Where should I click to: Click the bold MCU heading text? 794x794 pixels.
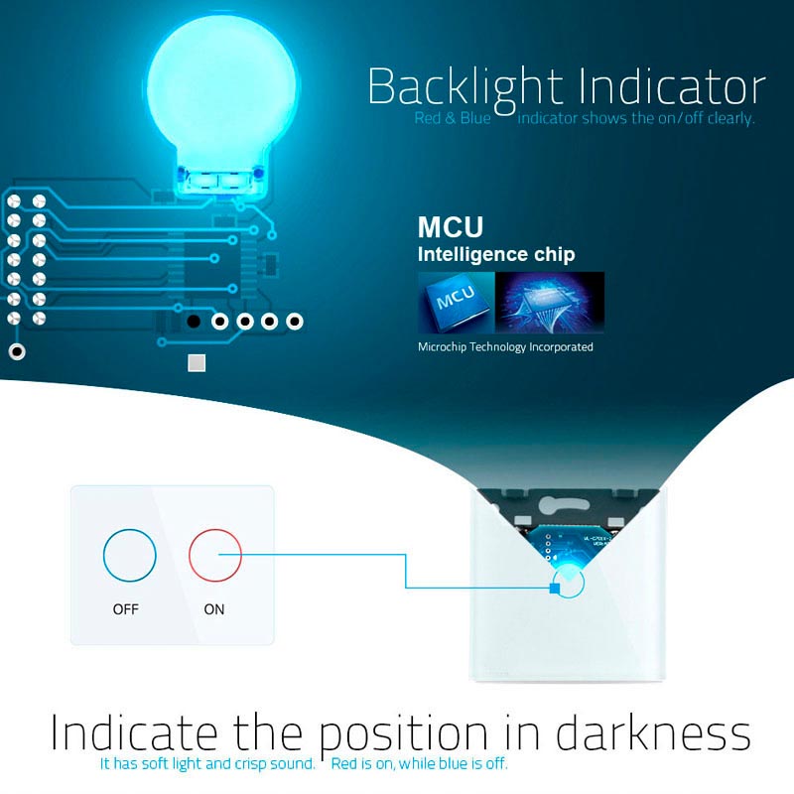coord(450,226)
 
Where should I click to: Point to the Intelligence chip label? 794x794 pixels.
coord(495,255)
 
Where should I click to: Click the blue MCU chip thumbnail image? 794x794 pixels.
coord(455,302)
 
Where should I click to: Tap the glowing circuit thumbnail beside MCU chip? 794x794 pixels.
coord(549,302)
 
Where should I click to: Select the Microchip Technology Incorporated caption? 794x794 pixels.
coord(505,347)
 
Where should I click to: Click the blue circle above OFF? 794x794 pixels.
coord(129,554)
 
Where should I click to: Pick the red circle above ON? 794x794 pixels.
coord(215,554)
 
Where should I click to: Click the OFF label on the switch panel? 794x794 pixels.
coord(126,609)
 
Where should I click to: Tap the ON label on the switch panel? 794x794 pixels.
coord(214,609)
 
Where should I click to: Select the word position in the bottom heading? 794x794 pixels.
coord(404,735)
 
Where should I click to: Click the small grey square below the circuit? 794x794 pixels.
coord(197,362)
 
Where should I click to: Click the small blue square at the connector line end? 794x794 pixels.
coord(553,589)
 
